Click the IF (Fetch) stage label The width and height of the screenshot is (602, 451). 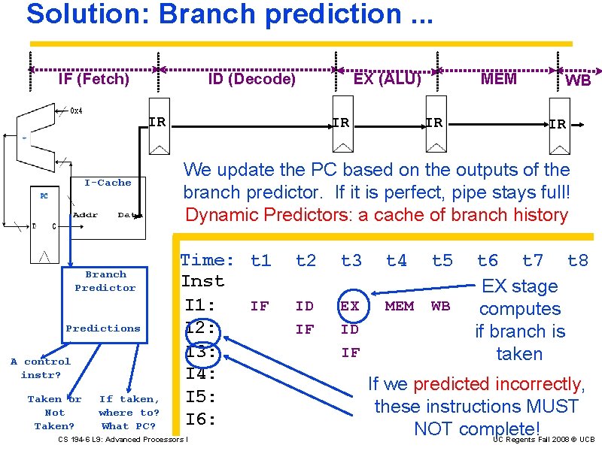(93, 79)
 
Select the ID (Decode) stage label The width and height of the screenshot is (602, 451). (251, 79)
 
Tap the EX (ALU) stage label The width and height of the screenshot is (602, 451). (387, 78)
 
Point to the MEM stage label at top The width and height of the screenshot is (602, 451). (499, 79)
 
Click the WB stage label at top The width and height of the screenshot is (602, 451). (578, 80)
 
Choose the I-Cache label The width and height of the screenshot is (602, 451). (108, 183)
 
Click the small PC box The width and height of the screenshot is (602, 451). (44, 195)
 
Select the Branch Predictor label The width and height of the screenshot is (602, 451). (105, 281)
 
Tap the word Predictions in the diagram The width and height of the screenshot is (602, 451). (103, 328)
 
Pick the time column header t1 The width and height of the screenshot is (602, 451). (260, 261)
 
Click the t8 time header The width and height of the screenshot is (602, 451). (577, 261)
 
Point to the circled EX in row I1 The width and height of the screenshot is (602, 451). (350, 306)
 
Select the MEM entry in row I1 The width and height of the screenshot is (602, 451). (399, 306)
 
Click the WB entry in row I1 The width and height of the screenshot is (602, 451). (440, 306)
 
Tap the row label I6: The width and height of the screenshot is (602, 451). (201, 419)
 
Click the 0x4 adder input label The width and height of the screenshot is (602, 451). (76, 111)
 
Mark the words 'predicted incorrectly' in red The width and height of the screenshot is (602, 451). (497, 385)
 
